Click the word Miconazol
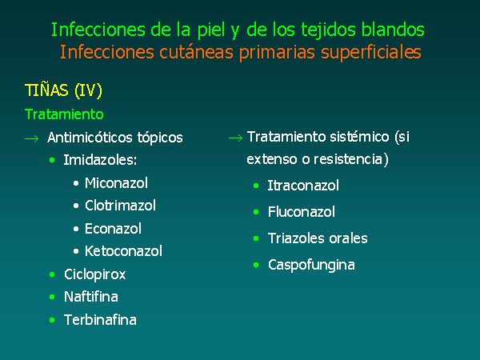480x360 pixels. [116, 183]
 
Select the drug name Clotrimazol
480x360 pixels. [120, 206]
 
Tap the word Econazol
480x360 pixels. [113, 229]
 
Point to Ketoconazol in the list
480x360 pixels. [123, 251]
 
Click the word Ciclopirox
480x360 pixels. [95, 274]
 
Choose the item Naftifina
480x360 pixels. [91, 297]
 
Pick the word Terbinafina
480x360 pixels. [100, 320]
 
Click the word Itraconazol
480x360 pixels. [303, 186]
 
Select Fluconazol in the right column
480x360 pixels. [302, 212]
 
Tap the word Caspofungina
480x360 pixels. [311, 265]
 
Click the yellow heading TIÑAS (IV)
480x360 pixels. [63, 90]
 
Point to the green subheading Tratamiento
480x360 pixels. [64, 114]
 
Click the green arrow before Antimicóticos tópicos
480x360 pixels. [31, 138]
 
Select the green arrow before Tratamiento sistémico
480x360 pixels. [235, 138]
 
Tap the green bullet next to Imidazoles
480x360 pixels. [52, 160]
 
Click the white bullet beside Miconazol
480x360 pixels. [76, 183]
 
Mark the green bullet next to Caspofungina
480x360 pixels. [256, 265]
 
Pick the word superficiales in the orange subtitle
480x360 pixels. [371, 52]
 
